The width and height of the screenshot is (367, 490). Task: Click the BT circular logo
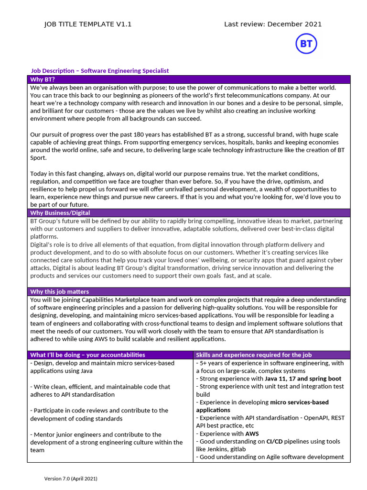tap(306, 44)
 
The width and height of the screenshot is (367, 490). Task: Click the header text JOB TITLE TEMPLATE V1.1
tap(87, 24)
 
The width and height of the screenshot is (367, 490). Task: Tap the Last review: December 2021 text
tap(273, 24)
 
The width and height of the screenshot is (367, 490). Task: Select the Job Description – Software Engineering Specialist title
tap(100, 71)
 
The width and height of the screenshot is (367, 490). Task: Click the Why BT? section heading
tap(43, 79)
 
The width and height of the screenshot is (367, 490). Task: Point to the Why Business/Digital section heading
tap(60, 213)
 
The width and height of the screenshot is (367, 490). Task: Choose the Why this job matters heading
tap(59, 291)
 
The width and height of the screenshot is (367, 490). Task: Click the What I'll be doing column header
tap(87, 355)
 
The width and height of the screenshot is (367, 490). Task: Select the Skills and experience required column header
tap(254, 355)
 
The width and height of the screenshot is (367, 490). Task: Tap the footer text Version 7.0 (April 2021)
tap(71, 479)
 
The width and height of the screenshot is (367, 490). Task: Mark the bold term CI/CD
tap(275, 441)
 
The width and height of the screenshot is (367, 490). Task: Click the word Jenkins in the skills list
tap(216, 449)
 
